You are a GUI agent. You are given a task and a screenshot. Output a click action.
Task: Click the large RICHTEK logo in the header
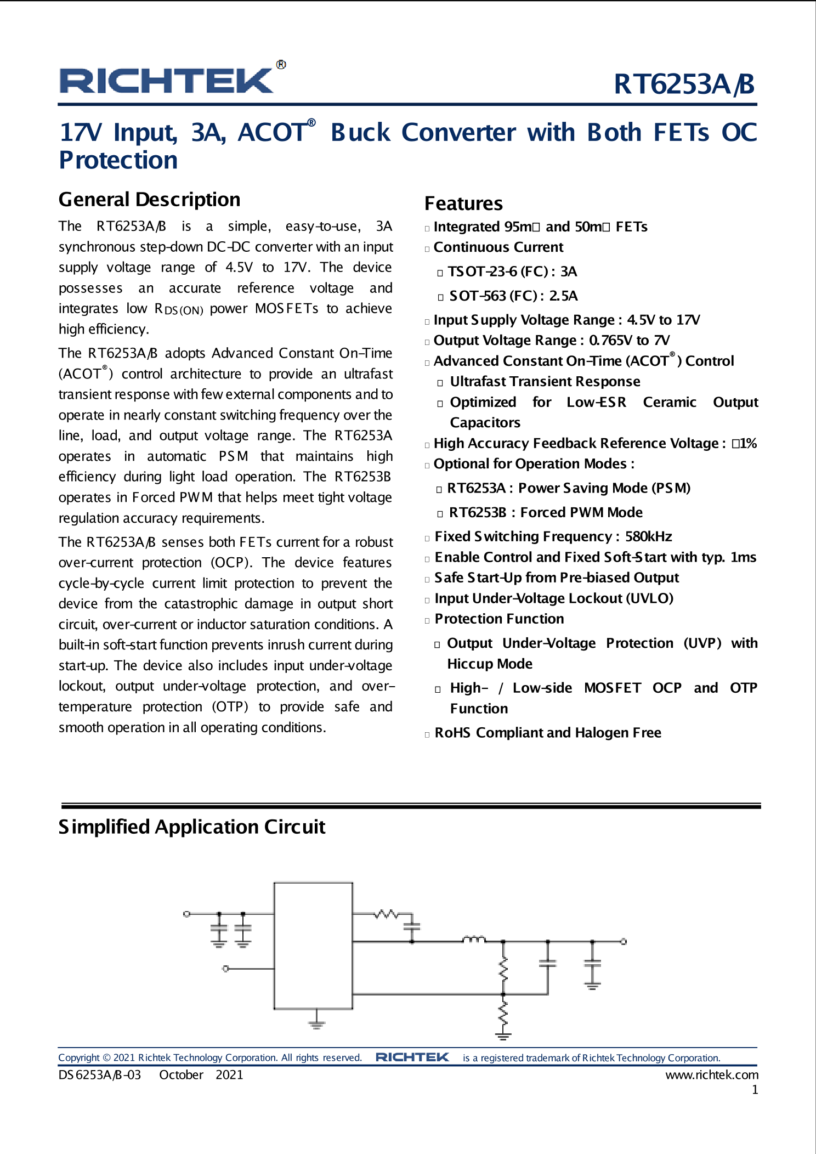(167, 81)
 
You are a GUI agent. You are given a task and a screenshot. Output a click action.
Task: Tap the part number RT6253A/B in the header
(684, 84)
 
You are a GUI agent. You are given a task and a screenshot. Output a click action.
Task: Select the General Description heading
(149, 200)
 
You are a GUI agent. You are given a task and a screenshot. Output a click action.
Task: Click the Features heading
(463, 203)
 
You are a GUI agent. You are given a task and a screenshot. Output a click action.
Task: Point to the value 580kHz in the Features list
(648, 536)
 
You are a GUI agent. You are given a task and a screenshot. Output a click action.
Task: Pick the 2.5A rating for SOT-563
(563, 296)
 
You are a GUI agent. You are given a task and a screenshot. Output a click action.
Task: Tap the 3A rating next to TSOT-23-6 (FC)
(569, 271)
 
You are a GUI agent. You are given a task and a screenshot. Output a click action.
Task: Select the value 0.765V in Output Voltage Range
(611, 341)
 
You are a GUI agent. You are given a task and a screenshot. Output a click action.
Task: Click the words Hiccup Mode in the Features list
(490, 664)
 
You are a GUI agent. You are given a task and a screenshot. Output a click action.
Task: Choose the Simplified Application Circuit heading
(192, 827)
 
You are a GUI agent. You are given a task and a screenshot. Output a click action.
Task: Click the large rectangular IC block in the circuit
(313, 946)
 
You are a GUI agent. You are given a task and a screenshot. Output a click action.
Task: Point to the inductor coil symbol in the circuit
(474, 940)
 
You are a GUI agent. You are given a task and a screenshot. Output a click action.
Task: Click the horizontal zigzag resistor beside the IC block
(387, 914)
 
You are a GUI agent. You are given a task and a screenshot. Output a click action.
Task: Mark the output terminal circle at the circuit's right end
(624, 942)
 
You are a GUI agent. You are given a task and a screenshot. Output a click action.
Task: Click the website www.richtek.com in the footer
(711, 1075)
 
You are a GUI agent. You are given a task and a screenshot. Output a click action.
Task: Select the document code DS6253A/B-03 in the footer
(100, 1075)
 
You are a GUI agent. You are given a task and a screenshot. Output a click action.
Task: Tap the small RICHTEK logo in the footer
(412, 1057)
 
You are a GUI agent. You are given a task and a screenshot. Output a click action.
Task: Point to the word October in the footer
(181, 1075)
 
